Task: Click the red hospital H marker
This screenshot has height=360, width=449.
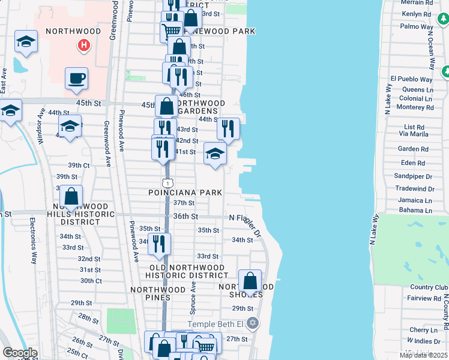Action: point(84,45)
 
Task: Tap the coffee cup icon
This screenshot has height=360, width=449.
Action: point(76,78)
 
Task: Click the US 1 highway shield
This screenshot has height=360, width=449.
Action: point(167,182)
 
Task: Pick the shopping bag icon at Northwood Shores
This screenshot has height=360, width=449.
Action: point(250,281)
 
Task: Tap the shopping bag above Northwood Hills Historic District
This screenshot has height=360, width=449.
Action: point(71,196)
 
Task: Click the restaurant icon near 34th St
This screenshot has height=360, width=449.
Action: point(158,244)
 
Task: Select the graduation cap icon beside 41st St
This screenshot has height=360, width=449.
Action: point(215,154)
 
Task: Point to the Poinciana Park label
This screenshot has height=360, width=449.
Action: point(185,193)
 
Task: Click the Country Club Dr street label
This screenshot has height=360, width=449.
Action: point(430,287)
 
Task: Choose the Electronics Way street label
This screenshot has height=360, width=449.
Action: point(33,241)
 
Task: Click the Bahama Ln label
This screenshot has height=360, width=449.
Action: point(415,211)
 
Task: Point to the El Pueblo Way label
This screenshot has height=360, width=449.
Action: point(411,79)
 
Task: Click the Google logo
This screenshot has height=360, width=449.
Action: point(20,353)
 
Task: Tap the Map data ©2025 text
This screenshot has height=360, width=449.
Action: point(423,355)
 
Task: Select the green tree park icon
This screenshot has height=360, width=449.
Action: point(445,71)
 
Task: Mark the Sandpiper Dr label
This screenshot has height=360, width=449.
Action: point(414,177)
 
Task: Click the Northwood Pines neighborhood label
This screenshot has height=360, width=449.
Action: point(158,289)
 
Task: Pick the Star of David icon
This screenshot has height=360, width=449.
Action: point(253,323)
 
